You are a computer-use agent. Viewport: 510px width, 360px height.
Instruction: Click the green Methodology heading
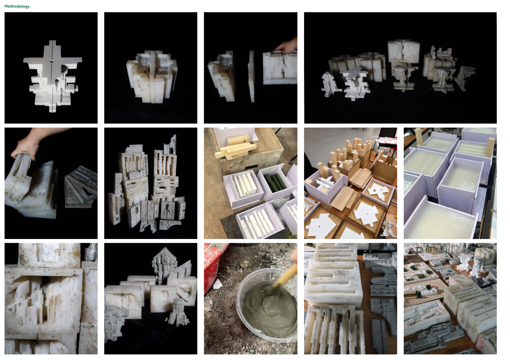tap(17, 6)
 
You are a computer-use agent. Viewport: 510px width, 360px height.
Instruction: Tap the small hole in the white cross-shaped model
tap(52, 61)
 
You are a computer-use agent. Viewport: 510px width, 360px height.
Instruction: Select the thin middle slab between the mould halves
tap(251, 76)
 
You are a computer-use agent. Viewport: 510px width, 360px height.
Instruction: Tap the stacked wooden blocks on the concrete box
tap(232, 148)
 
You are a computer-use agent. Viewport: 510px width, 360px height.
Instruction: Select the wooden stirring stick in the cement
tap(286, 275)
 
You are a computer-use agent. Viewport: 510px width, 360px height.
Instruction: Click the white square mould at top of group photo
tap(403, 51)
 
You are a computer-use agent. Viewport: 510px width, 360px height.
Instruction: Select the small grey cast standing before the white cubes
tap(178, 312)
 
